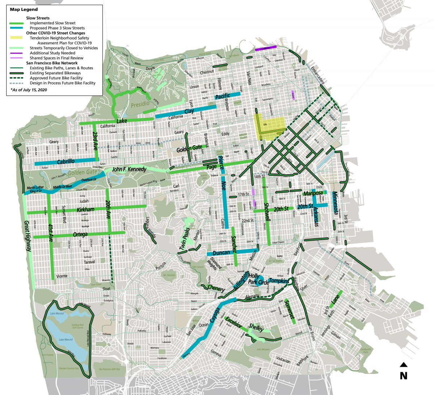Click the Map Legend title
(24, 9)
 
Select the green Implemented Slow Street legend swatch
(17, 23)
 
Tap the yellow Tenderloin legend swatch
(17, 38)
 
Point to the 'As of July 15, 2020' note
(29, 90)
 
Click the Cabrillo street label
(66, 161)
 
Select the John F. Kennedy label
(129, 169)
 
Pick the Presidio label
(140, 104)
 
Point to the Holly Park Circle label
(258, 279)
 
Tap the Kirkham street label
(86, 209)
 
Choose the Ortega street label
(80, 234)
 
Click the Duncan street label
(221, 253)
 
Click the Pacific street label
(222, 96)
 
